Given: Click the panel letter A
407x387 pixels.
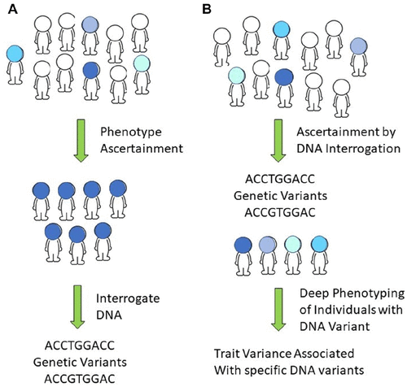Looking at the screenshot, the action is (x=13, y=10).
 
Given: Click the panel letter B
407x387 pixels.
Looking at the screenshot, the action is (x=207, y=10).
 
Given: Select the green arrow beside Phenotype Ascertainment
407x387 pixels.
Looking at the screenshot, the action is (x=81, y=141).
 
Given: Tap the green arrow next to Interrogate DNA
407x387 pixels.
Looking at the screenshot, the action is (x=77, y=307).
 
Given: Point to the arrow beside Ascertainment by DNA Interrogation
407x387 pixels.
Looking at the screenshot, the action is (x=278, y=141).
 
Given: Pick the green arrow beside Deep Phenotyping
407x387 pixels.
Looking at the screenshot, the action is (x=278, y=309).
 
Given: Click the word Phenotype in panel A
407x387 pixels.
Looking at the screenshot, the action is (x=131, y=133).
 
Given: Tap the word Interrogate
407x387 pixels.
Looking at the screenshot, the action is (x=128, y=298).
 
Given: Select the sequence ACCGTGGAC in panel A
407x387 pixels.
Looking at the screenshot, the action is (x=80, y=379).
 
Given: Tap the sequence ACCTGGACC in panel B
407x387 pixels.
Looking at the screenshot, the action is (x=280, y=179).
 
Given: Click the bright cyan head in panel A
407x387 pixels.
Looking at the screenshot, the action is (x=15, y=54).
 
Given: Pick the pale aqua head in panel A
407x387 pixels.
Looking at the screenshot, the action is (x=142, y=63).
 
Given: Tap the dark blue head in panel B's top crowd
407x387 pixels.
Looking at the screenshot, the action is (x=284, y=76).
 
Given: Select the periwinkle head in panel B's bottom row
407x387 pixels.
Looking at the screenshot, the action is (x=268, y=245).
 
